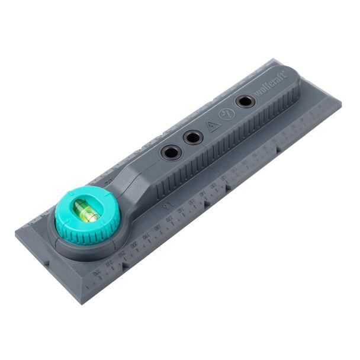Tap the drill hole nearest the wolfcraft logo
click(x=245, y=101)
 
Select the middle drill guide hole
click(x=192, y=138)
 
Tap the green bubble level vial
click(x=87, y=211)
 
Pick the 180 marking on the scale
click(x=157, y=227)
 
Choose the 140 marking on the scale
click(x=202, y=194)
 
